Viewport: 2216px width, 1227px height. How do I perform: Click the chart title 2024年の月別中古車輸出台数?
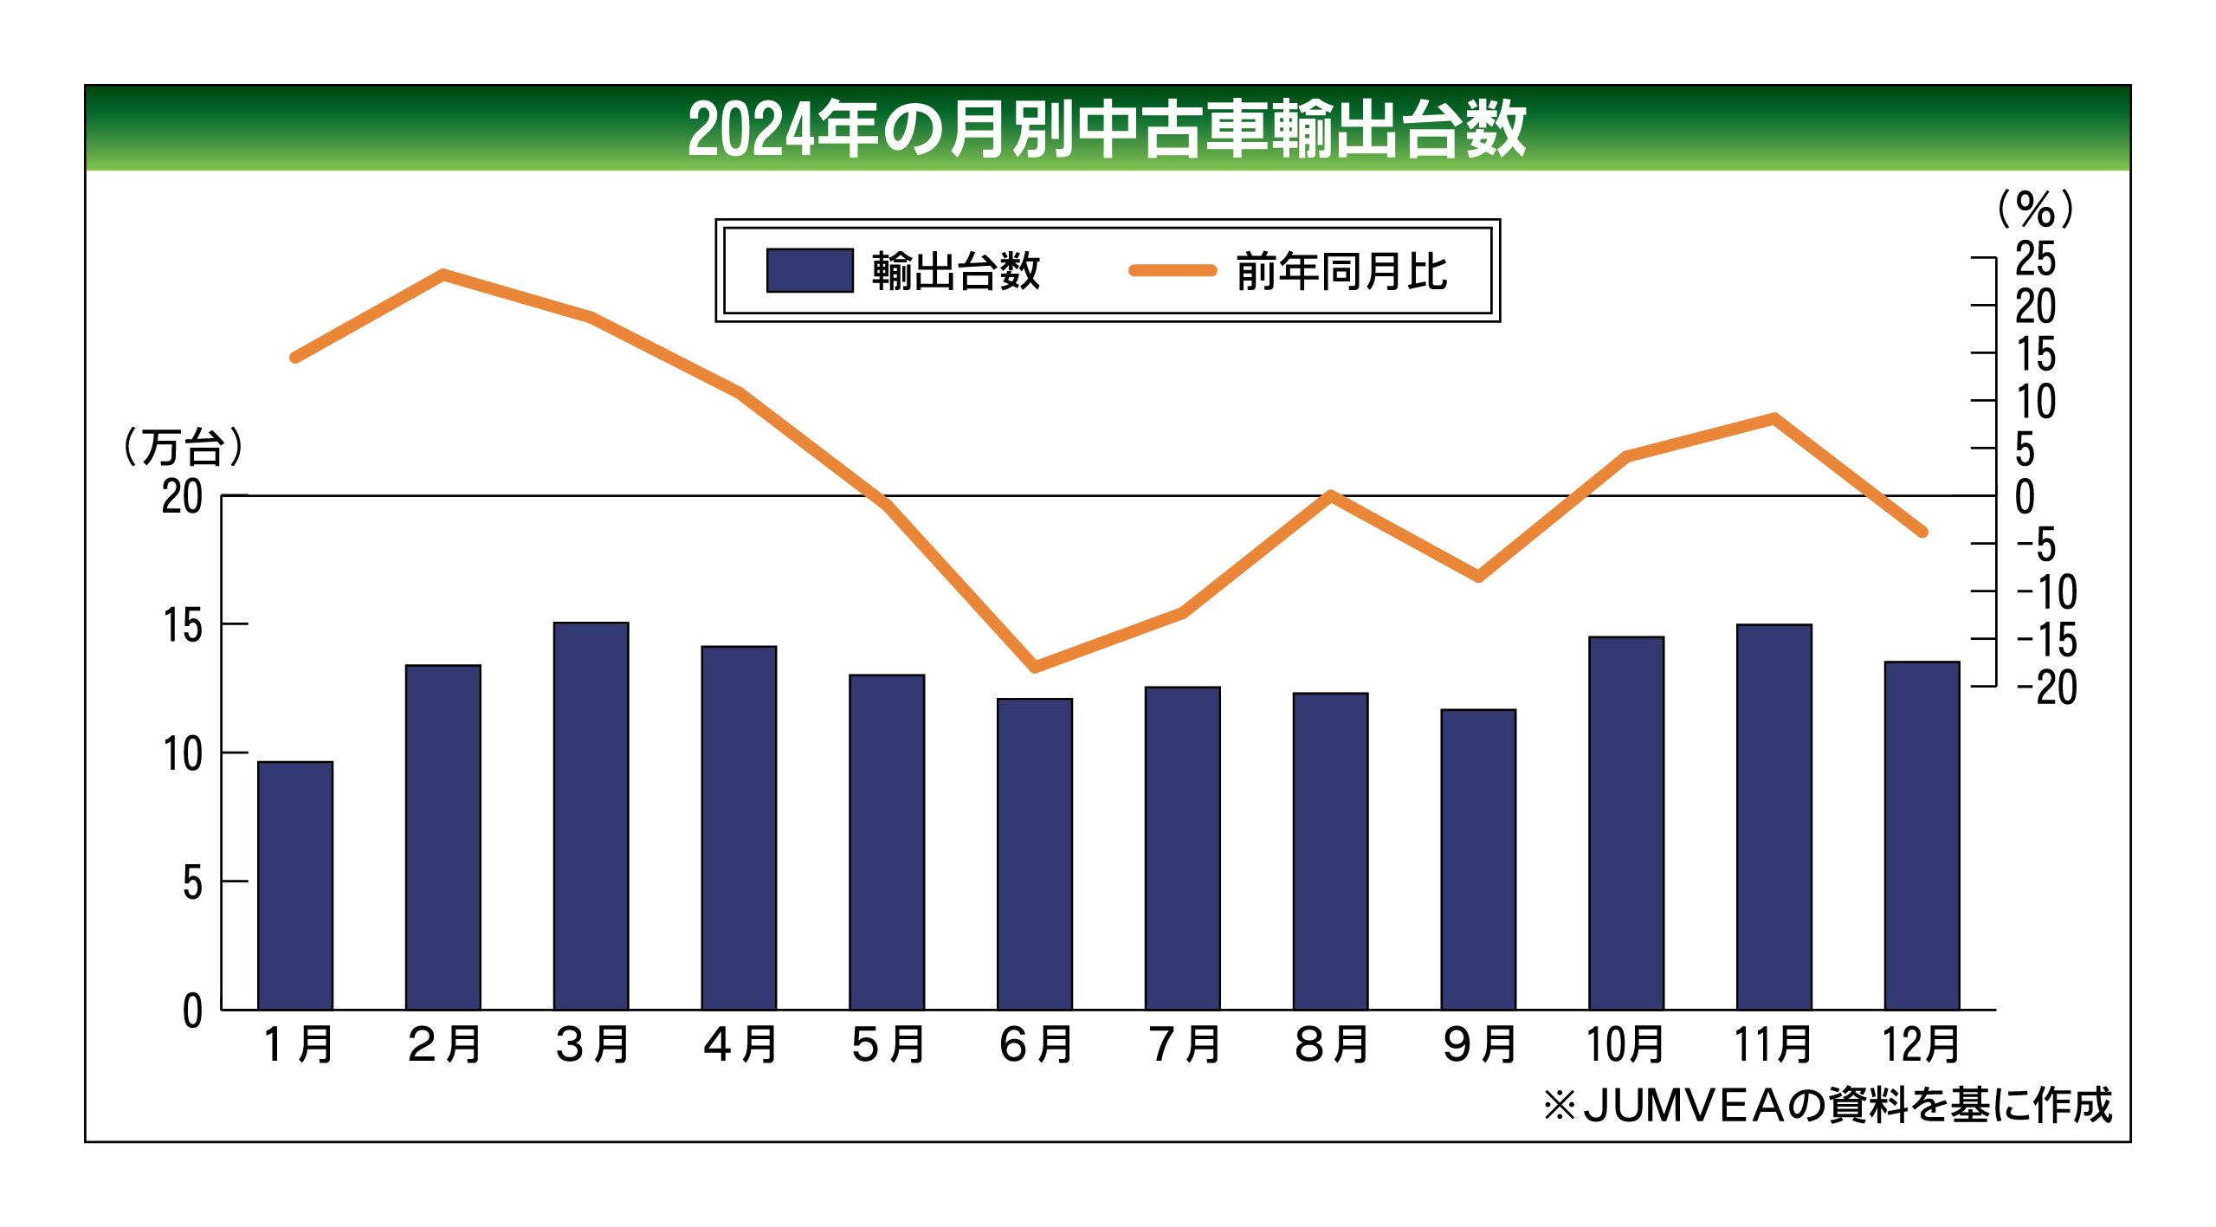(1106, 130)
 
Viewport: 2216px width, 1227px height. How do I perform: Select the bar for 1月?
(295, 885)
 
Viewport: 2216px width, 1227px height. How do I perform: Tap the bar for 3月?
(591, 816)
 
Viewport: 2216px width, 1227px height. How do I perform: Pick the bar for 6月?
(1034, 854)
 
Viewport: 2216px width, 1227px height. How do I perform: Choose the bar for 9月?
(1478, 859)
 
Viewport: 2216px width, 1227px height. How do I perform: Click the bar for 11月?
(1773, 817)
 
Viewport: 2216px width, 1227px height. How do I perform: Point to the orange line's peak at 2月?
(443, 274)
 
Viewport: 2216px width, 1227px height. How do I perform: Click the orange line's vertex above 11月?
(1773, 418)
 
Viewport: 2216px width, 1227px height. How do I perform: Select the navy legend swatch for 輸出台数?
(810, 271)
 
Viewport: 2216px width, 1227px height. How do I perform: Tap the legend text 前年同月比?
(1341, 272)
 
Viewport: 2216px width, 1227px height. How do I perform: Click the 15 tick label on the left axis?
(183, 625)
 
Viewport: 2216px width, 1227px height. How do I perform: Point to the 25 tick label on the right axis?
(2035, 258)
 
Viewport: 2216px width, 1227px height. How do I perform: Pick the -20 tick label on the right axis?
(2045, 688)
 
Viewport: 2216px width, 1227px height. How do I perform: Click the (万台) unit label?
(183, 448)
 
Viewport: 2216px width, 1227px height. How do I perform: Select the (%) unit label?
(2035, 209)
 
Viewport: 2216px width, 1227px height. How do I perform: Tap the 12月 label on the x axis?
(1921, 1044)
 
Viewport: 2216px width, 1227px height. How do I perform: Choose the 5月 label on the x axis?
(888, 1044)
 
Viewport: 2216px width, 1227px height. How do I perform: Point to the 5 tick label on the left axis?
(192, 883)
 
